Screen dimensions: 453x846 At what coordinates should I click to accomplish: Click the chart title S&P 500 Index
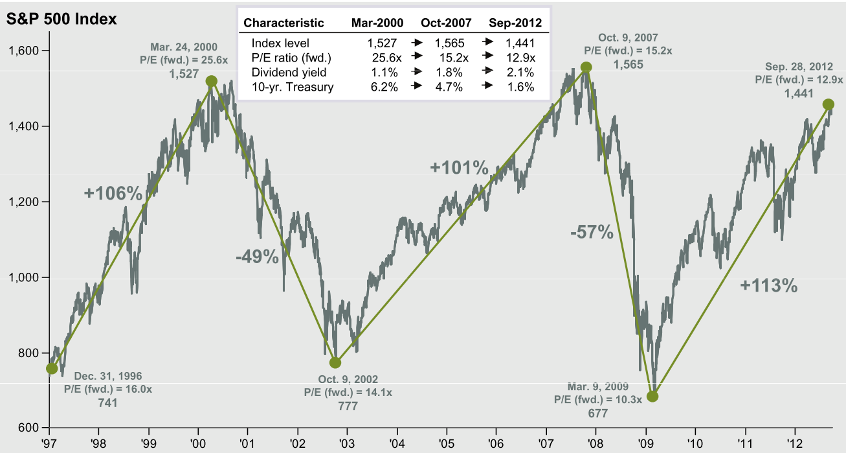click(x=61, y=19)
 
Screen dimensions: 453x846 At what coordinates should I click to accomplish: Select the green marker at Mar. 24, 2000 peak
click(x=211, y=81)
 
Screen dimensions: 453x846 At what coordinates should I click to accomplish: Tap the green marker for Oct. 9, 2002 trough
click(x=335, y=363)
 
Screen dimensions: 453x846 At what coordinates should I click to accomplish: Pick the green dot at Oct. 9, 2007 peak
click(x=586, y=67)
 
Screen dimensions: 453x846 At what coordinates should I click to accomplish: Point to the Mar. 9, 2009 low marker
click(x=652, y=396)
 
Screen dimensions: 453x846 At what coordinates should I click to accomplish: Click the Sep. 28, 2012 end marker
click(x=828, y=104)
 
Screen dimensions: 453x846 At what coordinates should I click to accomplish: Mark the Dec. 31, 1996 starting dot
click(x=52, y=368)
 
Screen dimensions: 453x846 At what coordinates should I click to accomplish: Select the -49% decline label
click(x=257, y=257)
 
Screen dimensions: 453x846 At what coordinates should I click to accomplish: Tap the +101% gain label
click(x=459, y=168)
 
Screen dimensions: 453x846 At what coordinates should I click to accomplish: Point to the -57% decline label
click(x=592, y=232)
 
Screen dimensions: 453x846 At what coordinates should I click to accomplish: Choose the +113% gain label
click(x=769, y=285)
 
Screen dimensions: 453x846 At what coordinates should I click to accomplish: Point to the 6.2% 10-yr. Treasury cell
click(x=384, y=87)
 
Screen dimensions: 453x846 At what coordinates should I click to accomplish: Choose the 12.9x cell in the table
click(x=521, y=58)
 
